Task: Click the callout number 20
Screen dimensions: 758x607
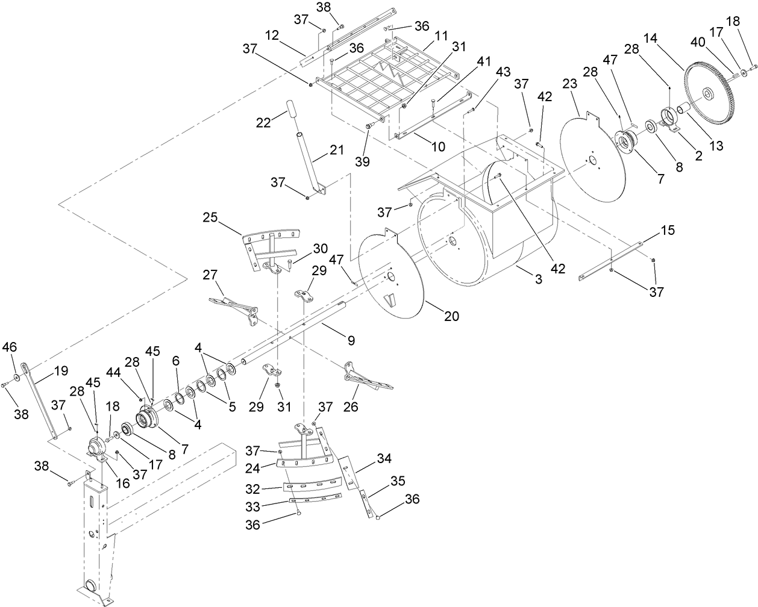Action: (452, 316)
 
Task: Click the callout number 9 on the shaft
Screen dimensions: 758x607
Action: (349, 341)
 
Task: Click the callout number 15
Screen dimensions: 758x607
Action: (667, 230)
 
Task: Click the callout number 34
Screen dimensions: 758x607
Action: (384, 458)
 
